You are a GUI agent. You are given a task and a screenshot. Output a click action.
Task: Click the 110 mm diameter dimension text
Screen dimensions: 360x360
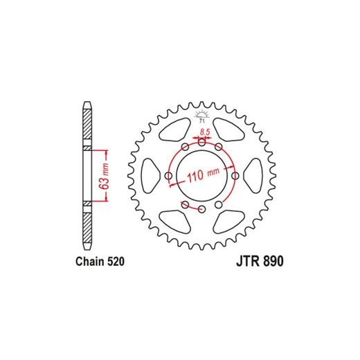[x=203, y=174]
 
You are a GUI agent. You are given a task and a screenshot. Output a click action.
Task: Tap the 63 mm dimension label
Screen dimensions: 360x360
[x=105, y=177]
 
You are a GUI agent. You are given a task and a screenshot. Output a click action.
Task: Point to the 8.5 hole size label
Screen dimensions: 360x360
[x=205, y=132]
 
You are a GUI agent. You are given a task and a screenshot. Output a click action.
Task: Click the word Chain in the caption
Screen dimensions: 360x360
[x=90, y=262]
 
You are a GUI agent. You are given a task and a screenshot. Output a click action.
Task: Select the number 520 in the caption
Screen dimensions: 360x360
[x=116, y=262]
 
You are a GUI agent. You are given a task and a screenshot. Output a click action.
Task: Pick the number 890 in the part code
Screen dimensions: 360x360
[x=273, y=262]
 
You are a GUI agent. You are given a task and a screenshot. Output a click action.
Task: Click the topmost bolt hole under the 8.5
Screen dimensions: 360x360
[x=202, y=143]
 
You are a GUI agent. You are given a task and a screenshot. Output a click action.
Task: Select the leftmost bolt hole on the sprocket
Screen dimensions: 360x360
[x=169, y=176]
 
